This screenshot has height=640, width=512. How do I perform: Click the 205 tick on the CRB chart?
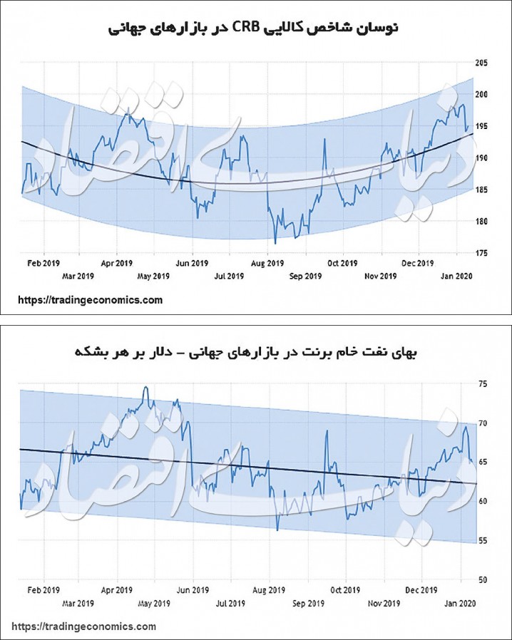481,63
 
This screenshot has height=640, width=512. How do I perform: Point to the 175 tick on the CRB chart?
481,253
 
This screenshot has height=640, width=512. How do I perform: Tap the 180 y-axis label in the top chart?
481,221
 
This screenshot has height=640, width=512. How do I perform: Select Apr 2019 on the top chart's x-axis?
117,262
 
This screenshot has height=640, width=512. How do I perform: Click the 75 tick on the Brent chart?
483,384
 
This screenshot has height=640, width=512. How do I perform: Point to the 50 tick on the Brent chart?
483,579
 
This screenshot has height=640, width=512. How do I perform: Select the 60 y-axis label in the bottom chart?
483,501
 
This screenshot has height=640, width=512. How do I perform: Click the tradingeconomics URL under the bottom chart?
84,626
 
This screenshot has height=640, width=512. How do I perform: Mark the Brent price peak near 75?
145,387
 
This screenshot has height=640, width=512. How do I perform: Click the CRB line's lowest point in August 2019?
275,243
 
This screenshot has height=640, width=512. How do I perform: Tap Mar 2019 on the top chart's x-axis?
78,276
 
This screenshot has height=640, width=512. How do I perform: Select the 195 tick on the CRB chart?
481,126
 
